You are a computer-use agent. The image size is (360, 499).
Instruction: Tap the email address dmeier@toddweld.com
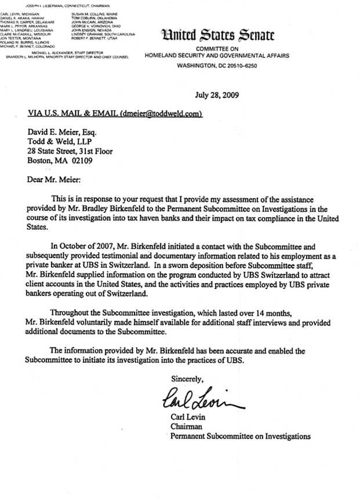161,113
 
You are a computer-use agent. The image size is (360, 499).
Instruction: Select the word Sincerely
187,378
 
